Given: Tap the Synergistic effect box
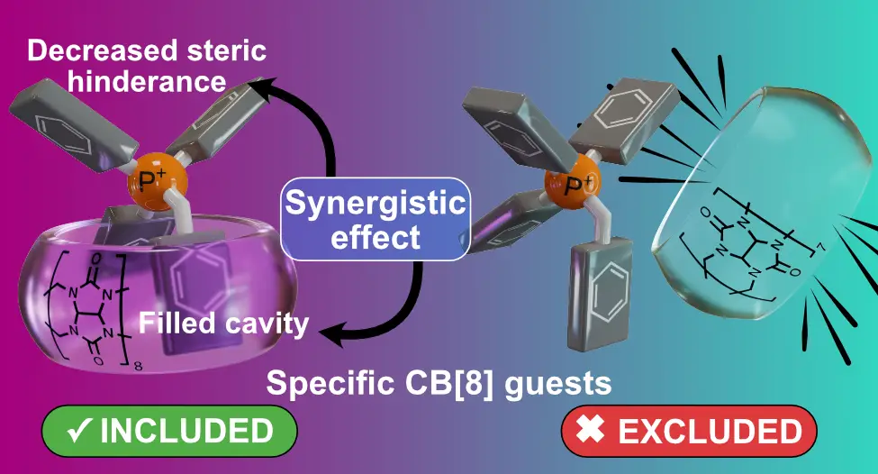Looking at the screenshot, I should point(376,219).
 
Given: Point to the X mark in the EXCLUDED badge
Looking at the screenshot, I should point(591,431).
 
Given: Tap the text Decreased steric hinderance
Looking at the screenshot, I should point(147,65).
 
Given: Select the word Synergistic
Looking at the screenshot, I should point(376,203).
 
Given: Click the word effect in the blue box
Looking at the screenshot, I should point(376,237).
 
